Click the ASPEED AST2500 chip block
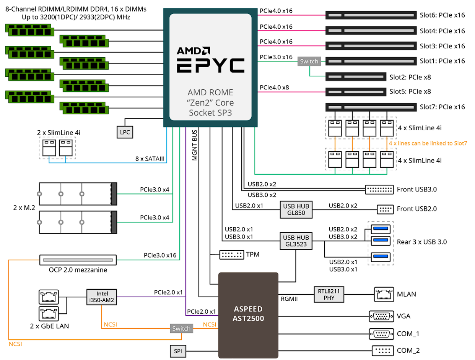248,313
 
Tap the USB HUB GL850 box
294,209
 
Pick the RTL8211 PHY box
329,294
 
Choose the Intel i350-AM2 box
102,297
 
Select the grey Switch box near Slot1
309,61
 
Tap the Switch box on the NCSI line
181,328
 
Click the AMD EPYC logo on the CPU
210,60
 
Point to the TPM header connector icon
232,254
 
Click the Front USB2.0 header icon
385,209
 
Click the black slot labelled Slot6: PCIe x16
370,16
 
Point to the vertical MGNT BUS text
195,145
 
